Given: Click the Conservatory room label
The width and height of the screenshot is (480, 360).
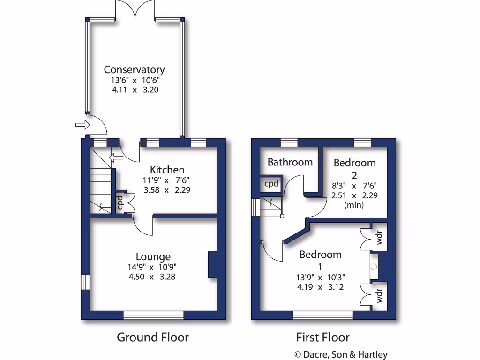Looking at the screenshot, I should pyautogui.click(x=135, y=70).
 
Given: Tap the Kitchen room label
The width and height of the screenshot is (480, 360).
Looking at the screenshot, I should pyautogui.click(x=167, y=170).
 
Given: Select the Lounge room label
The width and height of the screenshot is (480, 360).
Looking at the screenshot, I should pyautogui.click(x=153, y=256).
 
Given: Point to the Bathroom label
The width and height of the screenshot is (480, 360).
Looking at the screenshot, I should pyautogui.click(x=290, y=162).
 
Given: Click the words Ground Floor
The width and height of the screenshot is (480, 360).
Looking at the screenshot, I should pyautogui.click(x=152, y=337).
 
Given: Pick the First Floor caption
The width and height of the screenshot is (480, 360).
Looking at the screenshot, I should pyautogui.click(x=322, y=337).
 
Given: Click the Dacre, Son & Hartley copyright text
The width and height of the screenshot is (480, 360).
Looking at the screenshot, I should pyautogui.click(x=341, y=355).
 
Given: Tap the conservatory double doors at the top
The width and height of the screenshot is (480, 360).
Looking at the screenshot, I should pyautogui.click(x=135, y=10).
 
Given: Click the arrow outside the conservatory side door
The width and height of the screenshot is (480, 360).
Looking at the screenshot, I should pyautogui.click(x=82, y=125).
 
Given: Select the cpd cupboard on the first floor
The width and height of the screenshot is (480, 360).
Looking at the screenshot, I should pyautogui.click(x=271, y=184).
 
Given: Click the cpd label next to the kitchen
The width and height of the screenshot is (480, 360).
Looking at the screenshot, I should pyautogui.click(x=120, y=202).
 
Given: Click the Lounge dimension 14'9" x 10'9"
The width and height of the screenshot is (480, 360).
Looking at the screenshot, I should pyautogui.click(x=153, y=267).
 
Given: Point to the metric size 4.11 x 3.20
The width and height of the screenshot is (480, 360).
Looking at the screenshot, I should pyautogui.click(x=135, y=90).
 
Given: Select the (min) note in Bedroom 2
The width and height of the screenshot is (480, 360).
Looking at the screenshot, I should pyautogui.click(x=354, y=205).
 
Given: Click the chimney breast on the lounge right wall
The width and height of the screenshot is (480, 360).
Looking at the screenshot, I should pyautogui.click(x=213, y=265).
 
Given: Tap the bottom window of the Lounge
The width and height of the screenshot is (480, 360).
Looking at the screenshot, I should pyautogui.click(x=153, y=315).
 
